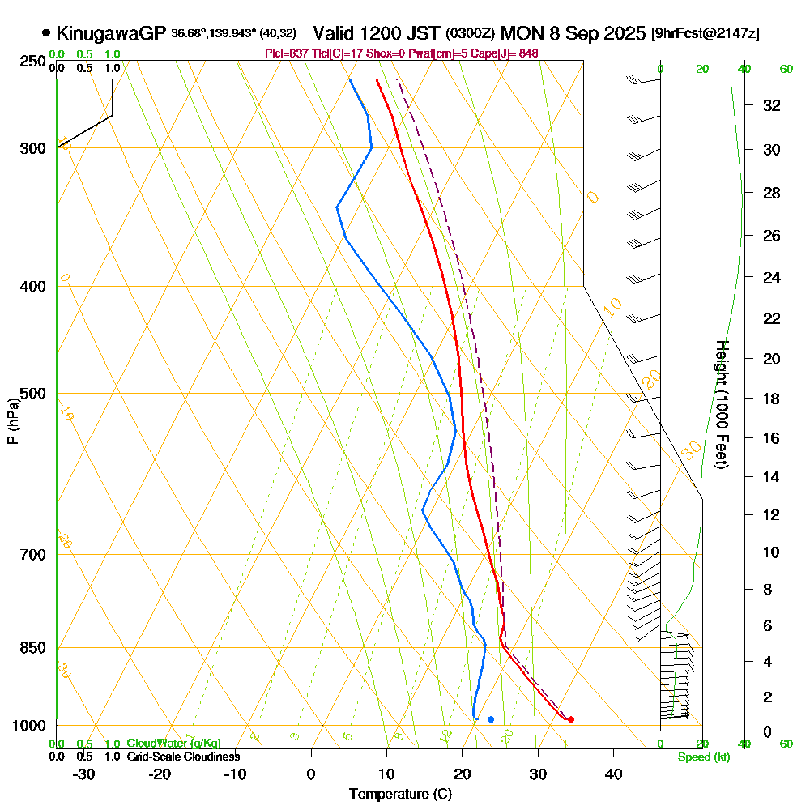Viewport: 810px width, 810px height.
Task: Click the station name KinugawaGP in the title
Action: [x=111, y=33]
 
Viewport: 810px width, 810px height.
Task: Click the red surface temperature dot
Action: [x=571, y=719]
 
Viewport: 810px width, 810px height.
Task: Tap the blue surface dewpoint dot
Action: [x=491, y=719]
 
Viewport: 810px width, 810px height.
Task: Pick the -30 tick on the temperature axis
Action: [x=84, y=774]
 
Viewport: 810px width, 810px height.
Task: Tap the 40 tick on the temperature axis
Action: [x=613, y=774]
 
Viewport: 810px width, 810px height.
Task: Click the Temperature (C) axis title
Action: [x=400, y=795]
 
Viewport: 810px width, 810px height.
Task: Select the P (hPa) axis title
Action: [x=13, y=420]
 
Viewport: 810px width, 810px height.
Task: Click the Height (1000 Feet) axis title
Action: [x=721, y=404]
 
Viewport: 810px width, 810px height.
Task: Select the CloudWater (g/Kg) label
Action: [x=173, y=744]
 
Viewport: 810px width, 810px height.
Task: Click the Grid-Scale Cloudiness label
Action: [x=183, y=757]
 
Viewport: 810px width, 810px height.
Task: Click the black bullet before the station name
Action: [x=46, y=33]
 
